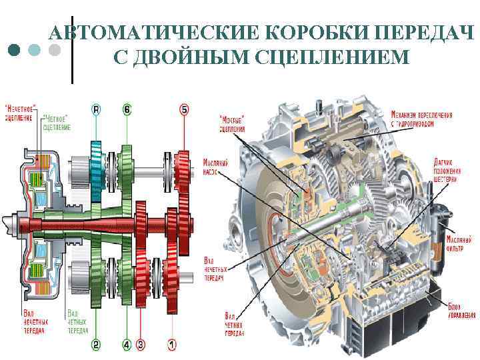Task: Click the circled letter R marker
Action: (x=96, y=109)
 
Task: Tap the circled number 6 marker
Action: (x=127, y=109)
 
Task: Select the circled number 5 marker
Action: (x=184, y=109)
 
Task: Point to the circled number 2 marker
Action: (x=96, y=345)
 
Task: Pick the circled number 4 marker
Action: (x=127, y=345)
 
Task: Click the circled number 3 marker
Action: (x=141, y=345)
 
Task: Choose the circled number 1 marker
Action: (x=171, y=345)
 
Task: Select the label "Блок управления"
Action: (x=459, y=309)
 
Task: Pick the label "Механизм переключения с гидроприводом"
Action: (x=421, y=119)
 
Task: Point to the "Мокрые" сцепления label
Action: (x=232, y=124)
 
